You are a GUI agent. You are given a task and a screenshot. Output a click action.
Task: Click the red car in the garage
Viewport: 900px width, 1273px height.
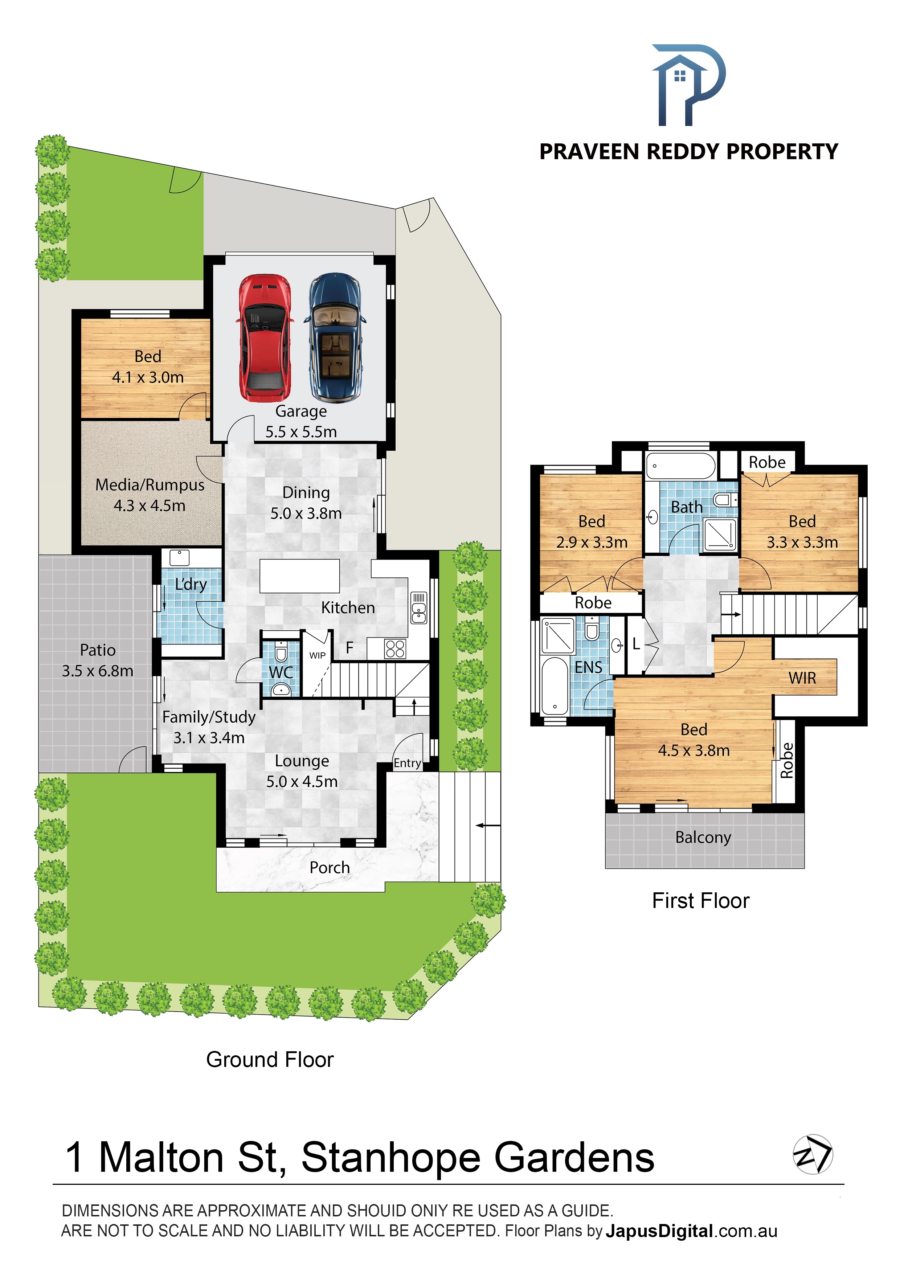point(265,338)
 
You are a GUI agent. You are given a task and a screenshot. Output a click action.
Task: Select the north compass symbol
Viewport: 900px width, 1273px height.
point(813,1154)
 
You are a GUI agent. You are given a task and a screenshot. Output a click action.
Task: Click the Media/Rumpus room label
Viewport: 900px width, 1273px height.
point(150,495)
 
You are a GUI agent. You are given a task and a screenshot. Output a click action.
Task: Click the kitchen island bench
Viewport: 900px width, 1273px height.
point(299,576)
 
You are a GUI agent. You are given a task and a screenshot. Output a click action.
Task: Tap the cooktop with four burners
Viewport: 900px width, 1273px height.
point(395,649)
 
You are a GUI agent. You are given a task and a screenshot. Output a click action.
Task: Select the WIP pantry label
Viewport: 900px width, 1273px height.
point(317,655)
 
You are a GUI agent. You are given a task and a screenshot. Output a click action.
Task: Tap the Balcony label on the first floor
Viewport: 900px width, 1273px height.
point(703,837)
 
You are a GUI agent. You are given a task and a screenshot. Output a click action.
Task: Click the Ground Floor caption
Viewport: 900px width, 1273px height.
point(270,1060)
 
